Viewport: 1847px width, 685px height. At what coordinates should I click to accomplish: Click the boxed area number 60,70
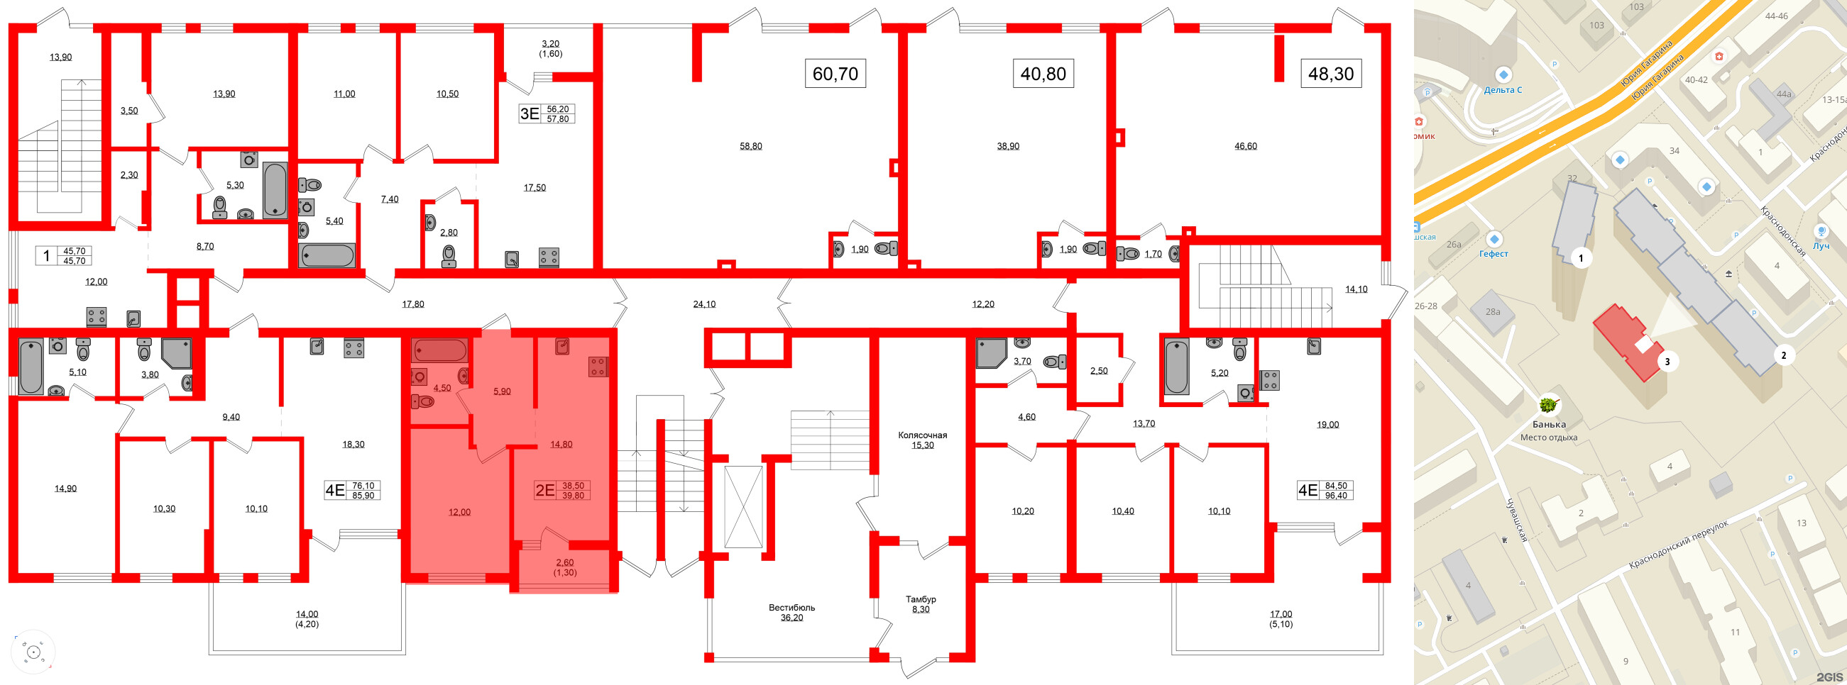[x=835, y=73]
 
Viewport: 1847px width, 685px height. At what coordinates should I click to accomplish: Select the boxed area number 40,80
[x=1043, y=73]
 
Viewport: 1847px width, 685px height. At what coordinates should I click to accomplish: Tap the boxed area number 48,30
[x=1331, y=73]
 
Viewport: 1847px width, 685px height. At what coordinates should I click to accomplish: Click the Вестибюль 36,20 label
[x=791, y=612]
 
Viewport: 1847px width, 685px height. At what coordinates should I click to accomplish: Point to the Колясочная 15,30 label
[x=923, y=440]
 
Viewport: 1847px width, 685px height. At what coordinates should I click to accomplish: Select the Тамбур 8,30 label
[x=921, y=604]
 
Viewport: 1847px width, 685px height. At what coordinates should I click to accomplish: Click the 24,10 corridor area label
[x=704, y=303]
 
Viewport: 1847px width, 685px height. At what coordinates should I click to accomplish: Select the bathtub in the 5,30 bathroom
[x=275, y=190]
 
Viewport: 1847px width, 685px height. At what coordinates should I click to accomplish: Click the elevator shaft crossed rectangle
[x=743, y=506]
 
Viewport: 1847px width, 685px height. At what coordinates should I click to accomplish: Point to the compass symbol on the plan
[x=33, y=652]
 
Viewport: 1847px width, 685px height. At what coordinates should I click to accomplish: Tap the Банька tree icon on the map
[x=1549, y=405]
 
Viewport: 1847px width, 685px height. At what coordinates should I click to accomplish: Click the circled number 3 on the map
[x=1667, y=362]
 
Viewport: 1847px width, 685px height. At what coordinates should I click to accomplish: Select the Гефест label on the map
[x=1494, y=254]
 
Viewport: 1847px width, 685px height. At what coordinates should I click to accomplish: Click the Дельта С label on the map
[x=1503, y=89]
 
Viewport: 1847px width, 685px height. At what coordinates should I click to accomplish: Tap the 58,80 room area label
[x=751, y=146]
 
